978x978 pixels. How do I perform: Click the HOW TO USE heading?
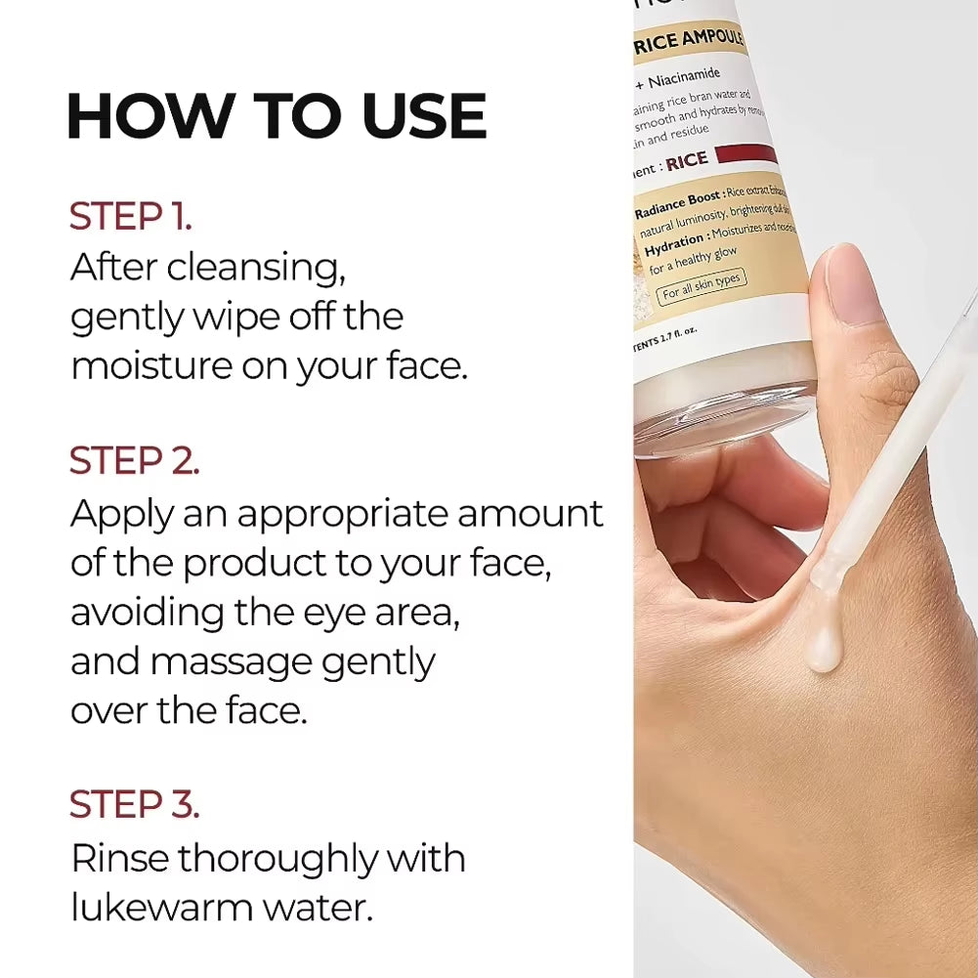276,116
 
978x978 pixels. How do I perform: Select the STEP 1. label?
131,217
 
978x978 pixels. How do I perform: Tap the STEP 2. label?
134,461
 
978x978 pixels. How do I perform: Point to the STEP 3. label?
134,804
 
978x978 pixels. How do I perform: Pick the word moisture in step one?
143,367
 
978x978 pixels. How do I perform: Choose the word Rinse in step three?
118,859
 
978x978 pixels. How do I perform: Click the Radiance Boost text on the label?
678,202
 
